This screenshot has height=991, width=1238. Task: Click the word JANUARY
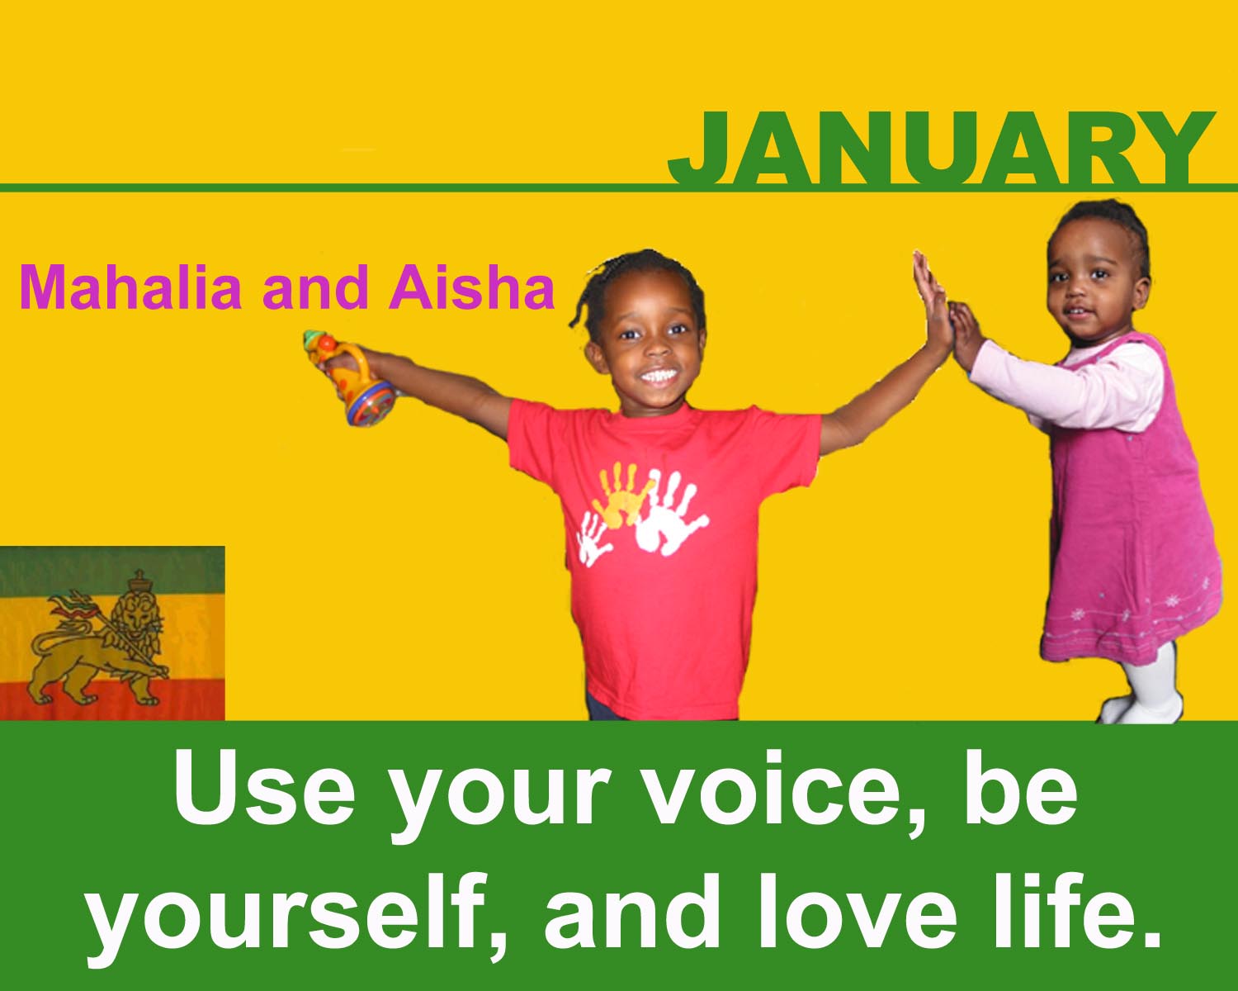tap(941, 148)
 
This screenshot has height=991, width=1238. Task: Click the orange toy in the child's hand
tap(350, 377)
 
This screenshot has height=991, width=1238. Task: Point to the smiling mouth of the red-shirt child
tap(659, 377)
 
